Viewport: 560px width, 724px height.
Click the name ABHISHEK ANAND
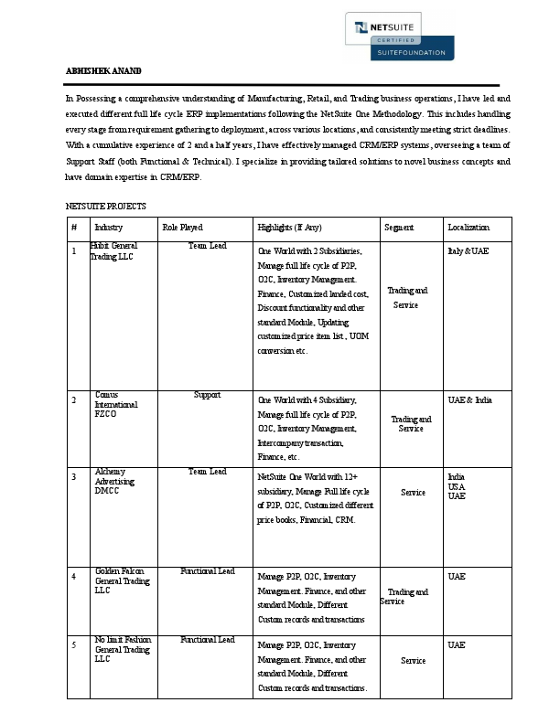coord(103,71)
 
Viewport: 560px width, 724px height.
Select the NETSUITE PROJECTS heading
coord(105,207)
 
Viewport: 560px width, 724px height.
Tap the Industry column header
coord(108,228)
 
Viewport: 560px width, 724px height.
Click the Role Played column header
coord(182,228)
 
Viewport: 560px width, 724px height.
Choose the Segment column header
coord(399,228)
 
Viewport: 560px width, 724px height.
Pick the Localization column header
coord(468,228)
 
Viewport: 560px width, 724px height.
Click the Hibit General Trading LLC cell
coord(113,251)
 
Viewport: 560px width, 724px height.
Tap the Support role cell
coord(208,395)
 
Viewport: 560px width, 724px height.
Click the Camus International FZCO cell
coord(116,403)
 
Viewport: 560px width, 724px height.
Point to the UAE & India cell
coord(469,400)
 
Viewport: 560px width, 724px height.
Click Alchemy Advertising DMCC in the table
coord(115,481)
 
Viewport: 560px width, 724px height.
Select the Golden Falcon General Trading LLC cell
coord(122,580)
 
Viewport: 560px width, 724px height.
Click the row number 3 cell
coord(73,477)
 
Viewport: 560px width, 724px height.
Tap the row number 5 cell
coord(73,645)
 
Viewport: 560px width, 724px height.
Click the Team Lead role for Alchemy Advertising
coord(208,472)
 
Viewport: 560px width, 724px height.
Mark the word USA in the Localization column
coord(456,486)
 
